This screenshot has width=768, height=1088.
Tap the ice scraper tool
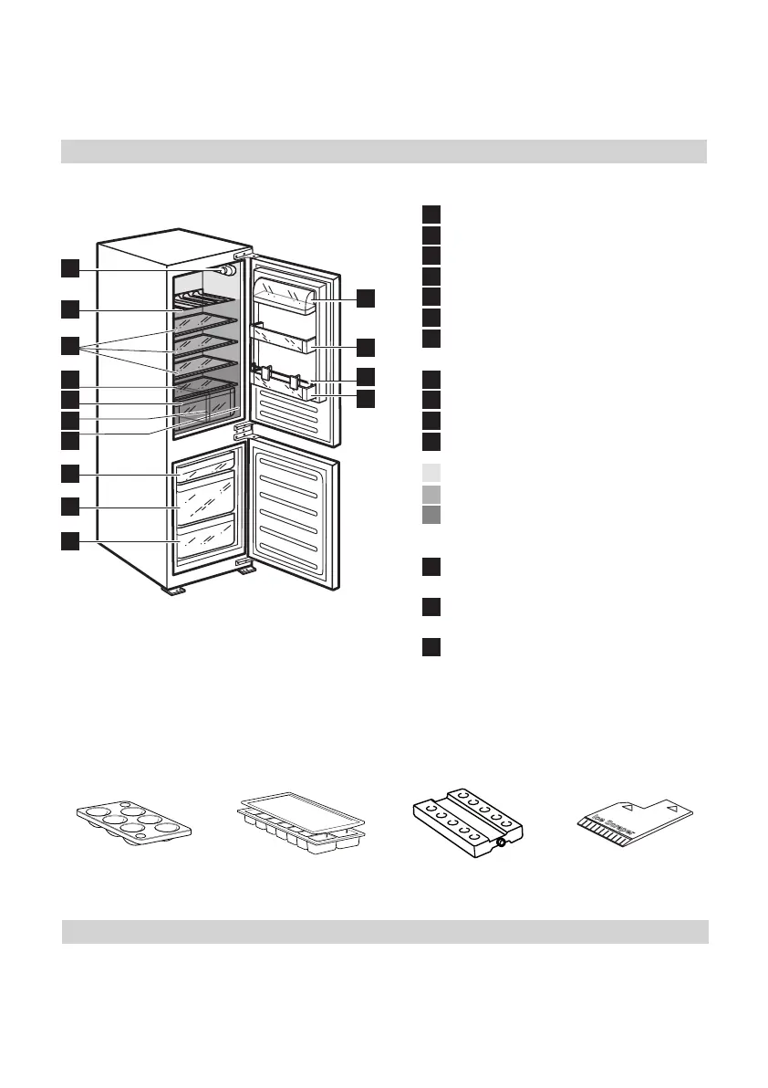[x=635, y=817]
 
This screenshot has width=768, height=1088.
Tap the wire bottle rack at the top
[x=206, y=299]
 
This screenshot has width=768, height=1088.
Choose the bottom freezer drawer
[x=205, y=539]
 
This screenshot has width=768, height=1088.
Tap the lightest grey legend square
[x=431, y=473]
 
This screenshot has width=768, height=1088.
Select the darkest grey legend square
[x=431, y=515]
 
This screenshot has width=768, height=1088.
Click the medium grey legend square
[x=431, y=494]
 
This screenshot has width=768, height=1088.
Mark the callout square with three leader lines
[x=70, y=346]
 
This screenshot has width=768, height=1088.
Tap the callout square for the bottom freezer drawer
[x=70, y=541]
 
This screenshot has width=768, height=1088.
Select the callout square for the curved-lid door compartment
[x=365, y=298]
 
